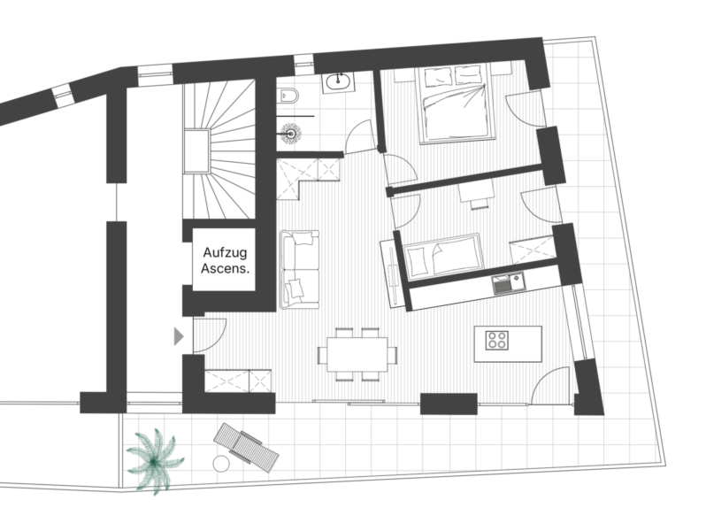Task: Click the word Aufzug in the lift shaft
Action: click(x=225, y=252)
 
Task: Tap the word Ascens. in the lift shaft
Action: click(x=225, y=268)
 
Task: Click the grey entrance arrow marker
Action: click(x=180, y=336)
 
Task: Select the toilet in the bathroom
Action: click(x=288, y=95)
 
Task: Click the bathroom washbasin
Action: click(x=339, y=81)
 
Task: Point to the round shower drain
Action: click(x=290, y=134)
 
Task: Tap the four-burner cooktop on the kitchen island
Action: click(x=497, y=340)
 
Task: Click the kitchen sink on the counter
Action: click(x=509, y=284)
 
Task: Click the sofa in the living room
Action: click(x=299, y=269)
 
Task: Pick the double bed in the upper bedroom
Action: click(x=456, y=104)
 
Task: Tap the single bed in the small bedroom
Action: click(x=442, y=257)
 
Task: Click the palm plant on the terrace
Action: click(x=155, y=461)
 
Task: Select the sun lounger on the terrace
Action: click(x=246, y=447)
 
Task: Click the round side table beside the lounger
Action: click(x=221, y=464)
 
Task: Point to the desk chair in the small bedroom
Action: click(x=480, y=204)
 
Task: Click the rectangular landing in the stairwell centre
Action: click(x=196, y=150)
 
